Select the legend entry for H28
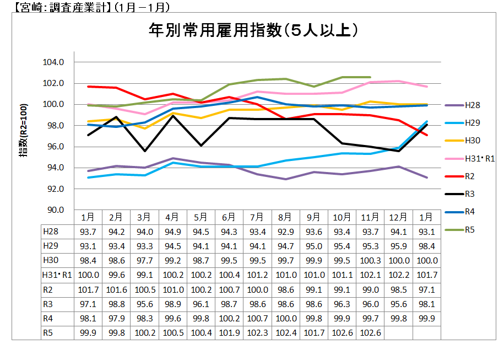(x=471, y=105)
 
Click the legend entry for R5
(x=469, y=229)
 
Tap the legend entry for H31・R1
(x=479, y=159)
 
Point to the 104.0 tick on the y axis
(x=54, y=62)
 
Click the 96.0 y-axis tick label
(x=54, y=147)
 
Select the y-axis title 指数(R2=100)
(x=24, y=136)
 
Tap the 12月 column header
(x=398, y=217)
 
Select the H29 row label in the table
(x=50, y=246)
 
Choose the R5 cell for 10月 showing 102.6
(x=342, y=332)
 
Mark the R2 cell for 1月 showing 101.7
(x=88, y=289)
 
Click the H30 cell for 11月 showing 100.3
(x=370, y=260)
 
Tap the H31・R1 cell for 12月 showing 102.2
(x=398, y=275)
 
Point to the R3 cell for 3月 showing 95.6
(x=145, y=304)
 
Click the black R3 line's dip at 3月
(x=145, y=151)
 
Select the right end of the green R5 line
(x=370, y=77)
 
